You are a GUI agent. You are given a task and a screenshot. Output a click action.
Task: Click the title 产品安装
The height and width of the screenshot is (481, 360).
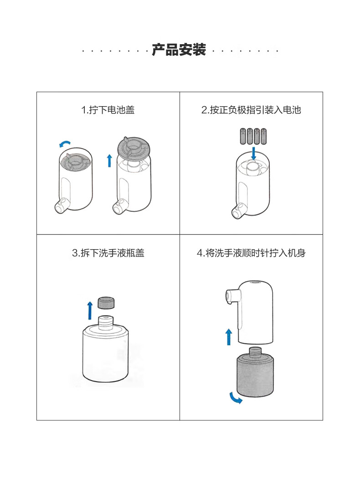[179, 50]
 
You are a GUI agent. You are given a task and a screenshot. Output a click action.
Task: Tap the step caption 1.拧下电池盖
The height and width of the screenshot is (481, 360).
[108, 110]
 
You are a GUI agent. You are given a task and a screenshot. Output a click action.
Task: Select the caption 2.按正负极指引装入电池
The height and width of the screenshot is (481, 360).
[251, 110]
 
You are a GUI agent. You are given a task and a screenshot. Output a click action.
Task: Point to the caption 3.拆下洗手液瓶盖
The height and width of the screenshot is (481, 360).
[108, 253]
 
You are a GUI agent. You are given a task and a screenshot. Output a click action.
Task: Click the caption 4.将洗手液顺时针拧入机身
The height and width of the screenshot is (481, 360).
[251, 253]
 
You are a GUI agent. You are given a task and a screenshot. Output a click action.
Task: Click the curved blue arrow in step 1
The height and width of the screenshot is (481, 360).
[65, 143]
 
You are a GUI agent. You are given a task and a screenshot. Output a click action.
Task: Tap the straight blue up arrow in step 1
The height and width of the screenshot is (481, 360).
[109, 161]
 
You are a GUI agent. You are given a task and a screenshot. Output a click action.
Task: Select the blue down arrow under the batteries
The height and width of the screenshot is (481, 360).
[253, 153]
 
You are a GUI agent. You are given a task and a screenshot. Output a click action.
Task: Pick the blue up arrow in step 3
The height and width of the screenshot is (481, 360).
[90, 311]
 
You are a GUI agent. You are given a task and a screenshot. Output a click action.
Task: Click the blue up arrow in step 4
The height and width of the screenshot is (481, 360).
[229, 337]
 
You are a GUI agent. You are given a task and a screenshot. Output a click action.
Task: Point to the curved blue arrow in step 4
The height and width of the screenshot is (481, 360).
[235, 399]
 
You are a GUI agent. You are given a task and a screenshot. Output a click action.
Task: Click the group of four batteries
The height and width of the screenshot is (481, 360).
[253, 136]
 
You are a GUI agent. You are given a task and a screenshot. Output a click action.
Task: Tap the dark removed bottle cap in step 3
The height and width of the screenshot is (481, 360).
[106, 302]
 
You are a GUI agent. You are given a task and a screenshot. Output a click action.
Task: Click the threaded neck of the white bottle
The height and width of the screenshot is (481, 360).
[106, 322]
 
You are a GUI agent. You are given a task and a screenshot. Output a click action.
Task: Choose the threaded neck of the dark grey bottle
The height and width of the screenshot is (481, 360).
[255, 352]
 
